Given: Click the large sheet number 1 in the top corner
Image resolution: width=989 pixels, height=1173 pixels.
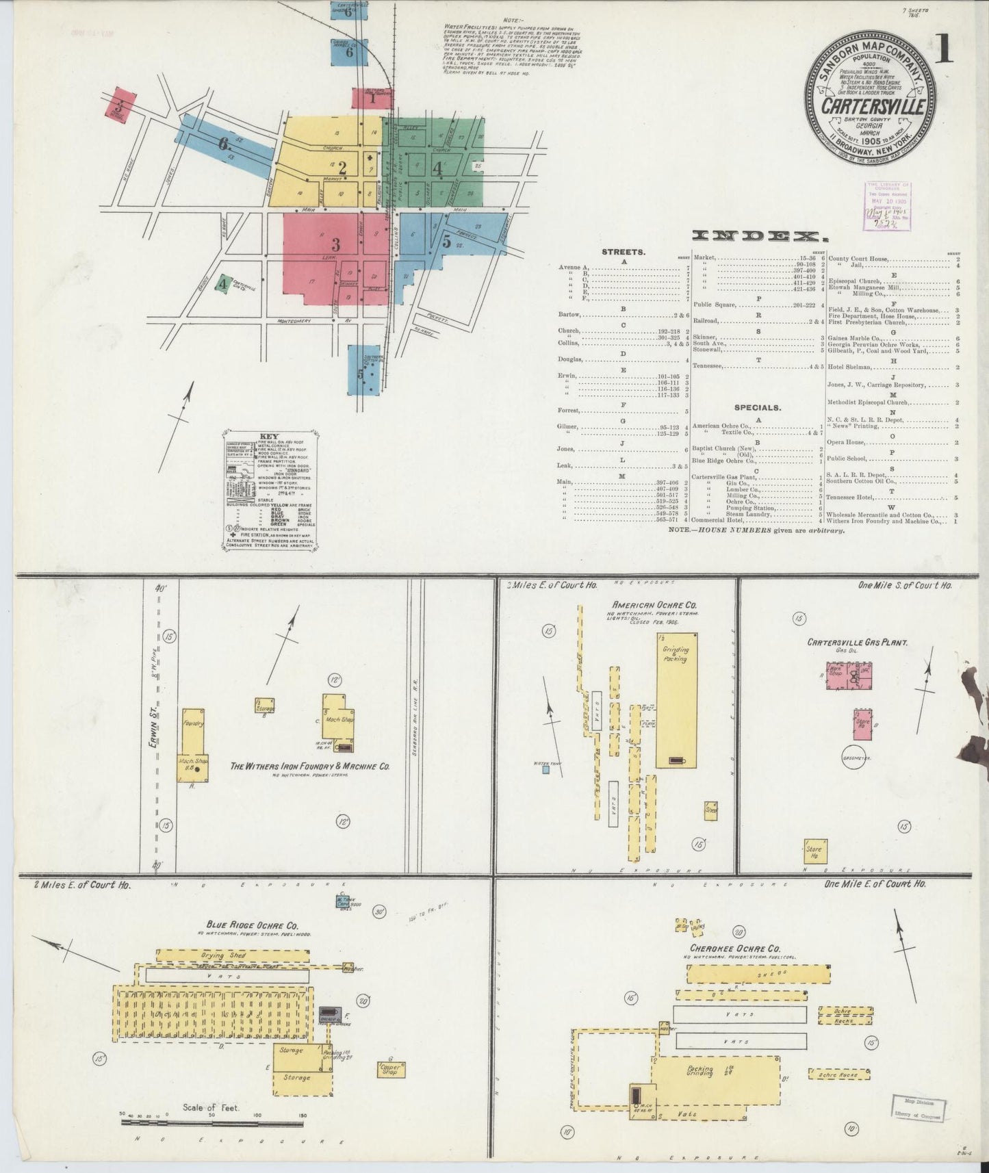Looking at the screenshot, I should click(x=944, y=49).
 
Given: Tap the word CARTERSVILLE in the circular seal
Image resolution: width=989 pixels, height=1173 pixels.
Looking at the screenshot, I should click(x=874, y=107).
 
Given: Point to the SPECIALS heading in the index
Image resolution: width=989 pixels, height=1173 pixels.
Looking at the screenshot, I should click(x=758, y=407).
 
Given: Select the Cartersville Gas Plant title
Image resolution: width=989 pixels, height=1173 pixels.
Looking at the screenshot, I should click(x=857, y=643).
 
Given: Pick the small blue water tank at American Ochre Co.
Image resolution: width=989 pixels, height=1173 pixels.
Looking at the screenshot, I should click(x=545, y=769).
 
